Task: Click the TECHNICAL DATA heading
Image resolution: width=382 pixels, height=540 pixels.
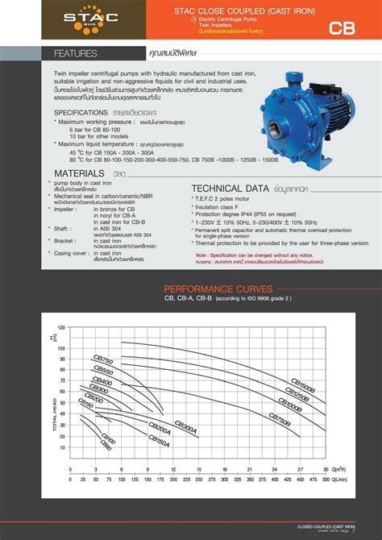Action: [230, 187]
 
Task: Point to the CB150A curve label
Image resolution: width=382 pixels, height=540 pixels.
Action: [158, 439]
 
